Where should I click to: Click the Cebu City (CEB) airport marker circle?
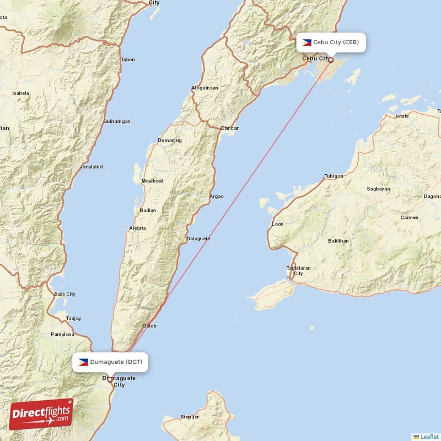(331, 60)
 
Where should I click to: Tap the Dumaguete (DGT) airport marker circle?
(110, 379)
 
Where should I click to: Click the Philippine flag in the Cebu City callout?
(307, 42)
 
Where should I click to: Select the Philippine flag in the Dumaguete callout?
(83, 362)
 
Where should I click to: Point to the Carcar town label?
(229, 128)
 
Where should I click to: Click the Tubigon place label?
(334, 176)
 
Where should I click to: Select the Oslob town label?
(149, 326)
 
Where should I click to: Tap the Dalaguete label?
(198, 239)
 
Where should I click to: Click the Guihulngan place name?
(117, 121)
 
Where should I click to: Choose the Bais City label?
(65, 294)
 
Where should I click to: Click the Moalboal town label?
(152, 181)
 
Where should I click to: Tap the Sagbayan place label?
(378, 189)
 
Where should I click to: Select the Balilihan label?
(338, 241)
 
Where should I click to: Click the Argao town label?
(217, 196)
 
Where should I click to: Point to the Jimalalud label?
(92, 166)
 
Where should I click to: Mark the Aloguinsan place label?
(205, 88)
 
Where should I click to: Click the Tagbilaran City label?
(299, 271)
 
